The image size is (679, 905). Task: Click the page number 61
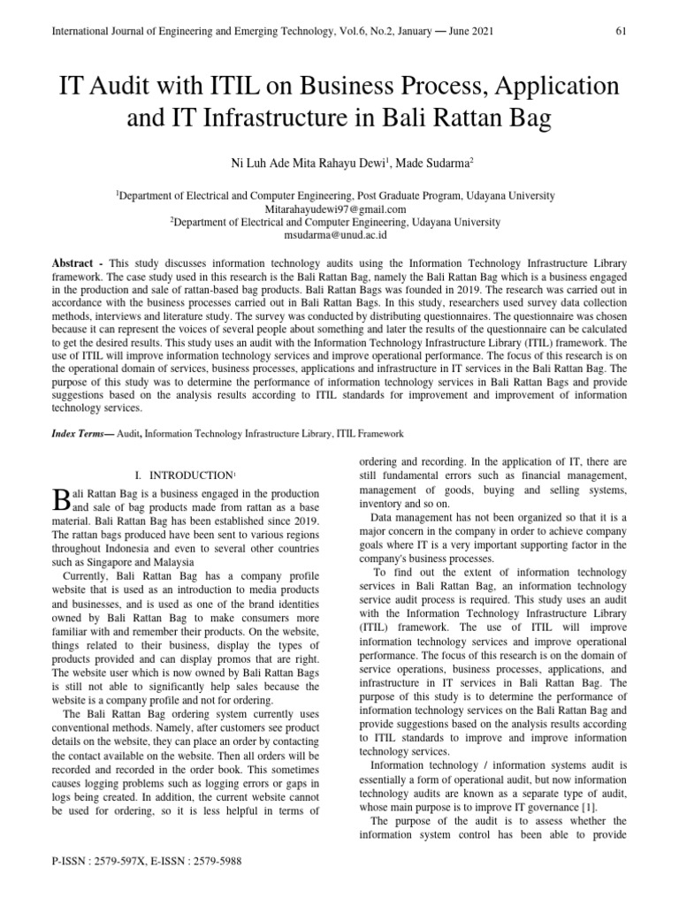click(621, 33)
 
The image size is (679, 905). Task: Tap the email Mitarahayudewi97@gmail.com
click(339, 209)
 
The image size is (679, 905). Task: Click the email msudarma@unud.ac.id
click(339, 236)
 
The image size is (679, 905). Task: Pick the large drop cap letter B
click(62, 500)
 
